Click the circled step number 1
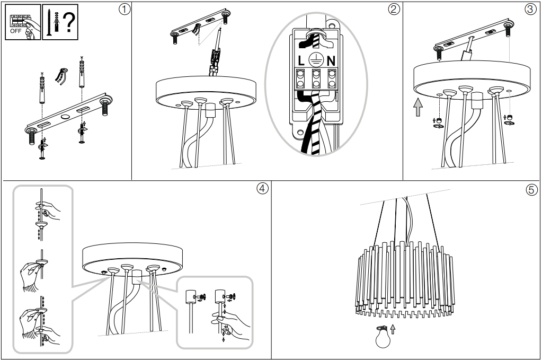point(123,10)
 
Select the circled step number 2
point(394,10)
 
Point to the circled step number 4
point(262,188)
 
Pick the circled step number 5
point(531,189)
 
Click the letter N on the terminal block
point(331,60)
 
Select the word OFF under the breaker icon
point(16,31)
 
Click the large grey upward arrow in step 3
point(419,108)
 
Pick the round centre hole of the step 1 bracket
point(65,116)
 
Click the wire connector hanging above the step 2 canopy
point(215,58)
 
